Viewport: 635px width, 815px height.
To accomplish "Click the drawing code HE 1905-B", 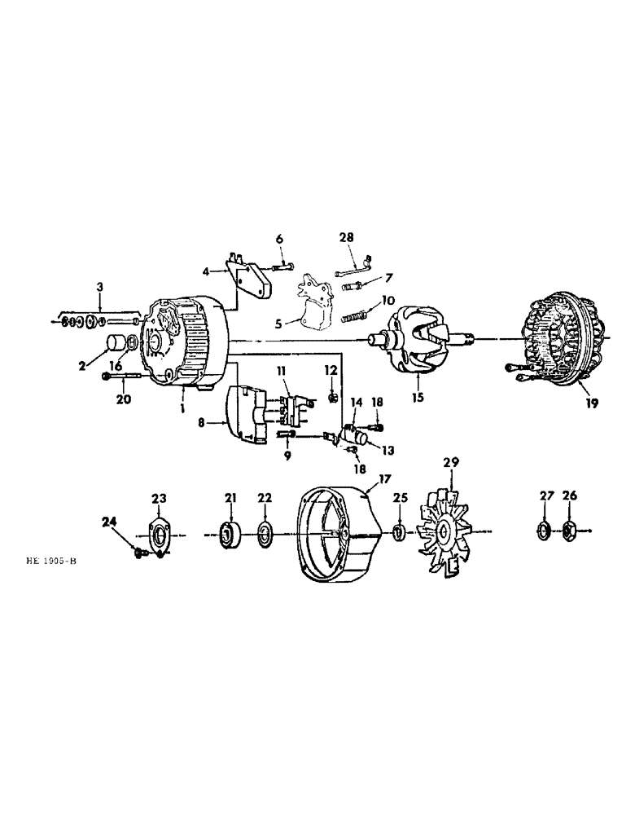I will tap(56, 562).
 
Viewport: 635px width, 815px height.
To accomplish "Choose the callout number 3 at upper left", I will tap(99, 287).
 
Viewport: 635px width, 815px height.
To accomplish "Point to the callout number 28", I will tap(348, 236).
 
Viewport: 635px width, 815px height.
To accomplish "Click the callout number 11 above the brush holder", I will tap(282, 371).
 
